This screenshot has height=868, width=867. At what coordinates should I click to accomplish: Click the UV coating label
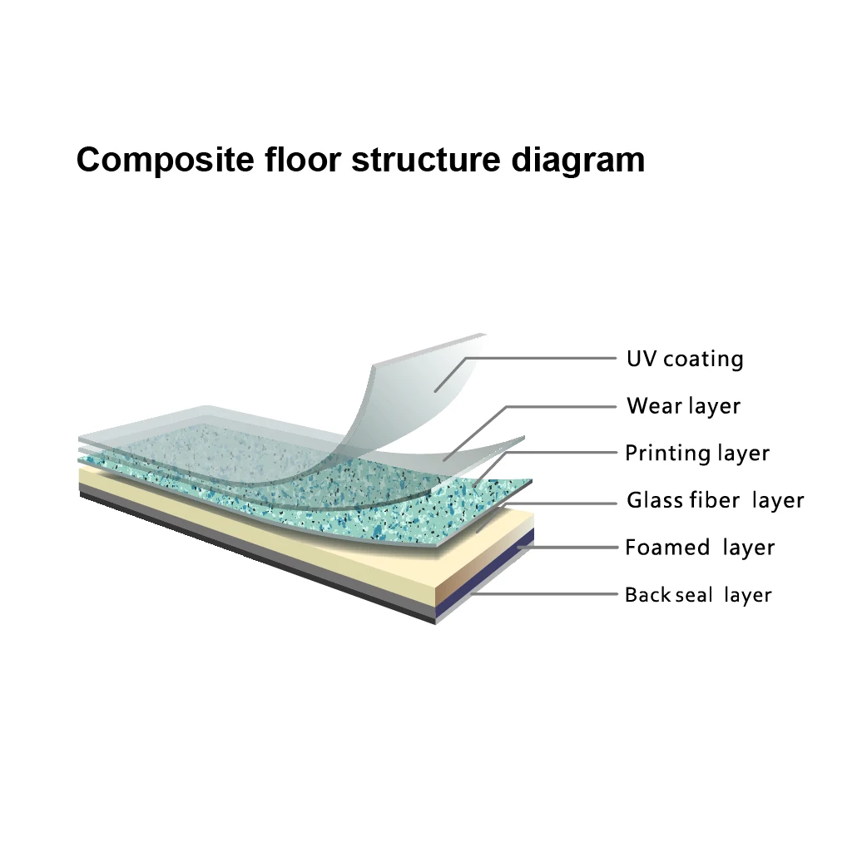(x=684, y=360)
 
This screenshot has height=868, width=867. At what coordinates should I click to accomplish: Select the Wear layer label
(x=682, y=406)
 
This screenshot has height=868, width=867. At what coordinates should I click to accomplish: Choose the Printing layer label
(x=696, y=454)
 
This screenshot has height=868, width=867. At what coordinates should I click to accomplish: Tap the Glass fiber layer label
(x=715, y=501)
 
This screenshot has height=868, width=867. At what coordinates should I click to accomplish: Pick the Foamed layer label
(x=699, y=548)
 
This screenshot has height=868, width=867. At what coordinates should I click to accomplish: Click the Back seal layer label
(x=697, y=595)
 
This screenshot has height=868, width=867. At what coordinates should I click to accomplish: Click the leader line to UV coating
(x=541, y=359)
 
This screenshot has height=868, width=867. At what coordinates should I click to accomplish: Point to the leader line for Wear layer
(x=566, y=406)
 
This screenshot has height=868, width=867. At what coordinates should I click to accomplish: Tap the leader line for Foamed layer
(x=574, y=548)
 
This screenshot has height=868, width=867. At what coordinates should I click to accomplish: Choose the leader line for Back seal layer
(x=549, y=595)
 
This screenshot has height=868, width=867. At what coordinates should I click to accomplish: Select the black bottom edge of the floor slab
(x=250, y=553)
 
